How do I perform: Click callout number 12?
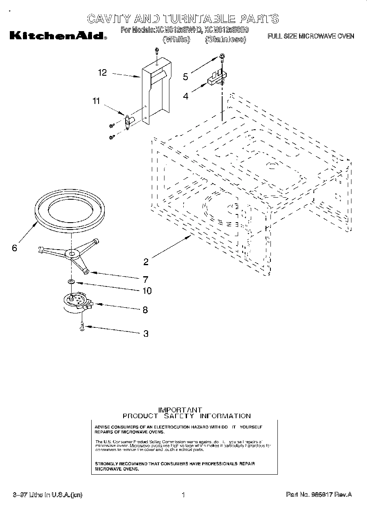tap(102, 73)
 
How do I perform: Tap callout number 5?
tap(185, 77)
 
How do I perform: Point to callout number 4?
tap(185, 97)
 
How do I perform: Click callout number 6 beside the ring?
tap(15, 248)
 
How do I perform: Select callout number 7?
tap(145, 280)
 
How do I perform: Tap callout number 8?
tap(145, 310)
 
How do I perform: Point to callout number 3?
tap(146, 333)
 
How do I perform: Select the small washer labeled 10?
tap(71, 282)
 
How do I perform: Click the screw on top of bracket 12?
tap(157, 51)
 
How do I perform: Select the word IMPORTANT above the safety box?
tap(180, 409)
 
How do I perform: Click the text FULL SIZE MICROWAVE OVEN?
tap(311, 36)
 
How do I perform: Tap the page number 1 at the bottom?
tap(183, 495)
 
